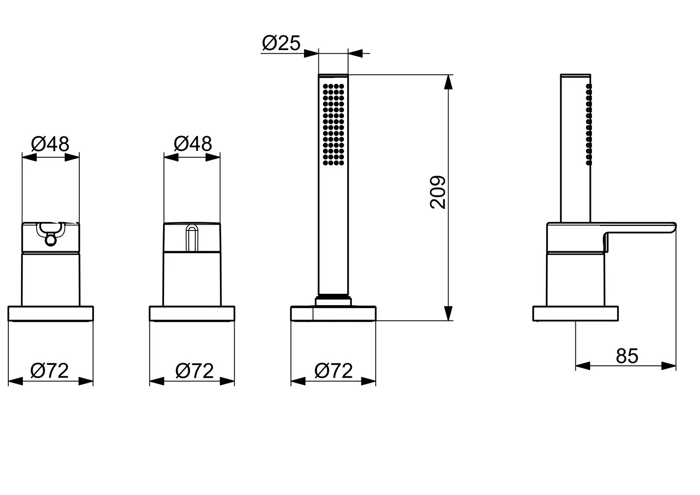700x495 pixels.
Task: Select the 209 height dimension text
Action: point(438,192)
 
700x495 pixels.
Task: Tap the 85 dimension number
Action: point(627,356)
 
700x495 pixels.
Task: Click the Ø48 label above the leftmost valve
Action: point(50,144)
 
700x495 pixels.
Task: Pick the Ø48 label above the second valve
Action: point(193,144)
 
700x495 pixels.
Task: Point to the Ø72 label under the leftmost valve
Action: point(49,371)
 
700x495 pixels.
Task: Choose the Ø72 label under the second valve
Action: point(194,371)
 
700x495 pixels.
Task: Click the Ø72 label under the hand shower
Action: point(334,371)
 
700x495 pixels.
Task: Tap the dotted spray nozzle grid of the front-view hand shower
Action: point(334,124)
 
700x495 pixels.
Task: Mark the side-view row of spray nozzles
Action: point(589,124)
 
